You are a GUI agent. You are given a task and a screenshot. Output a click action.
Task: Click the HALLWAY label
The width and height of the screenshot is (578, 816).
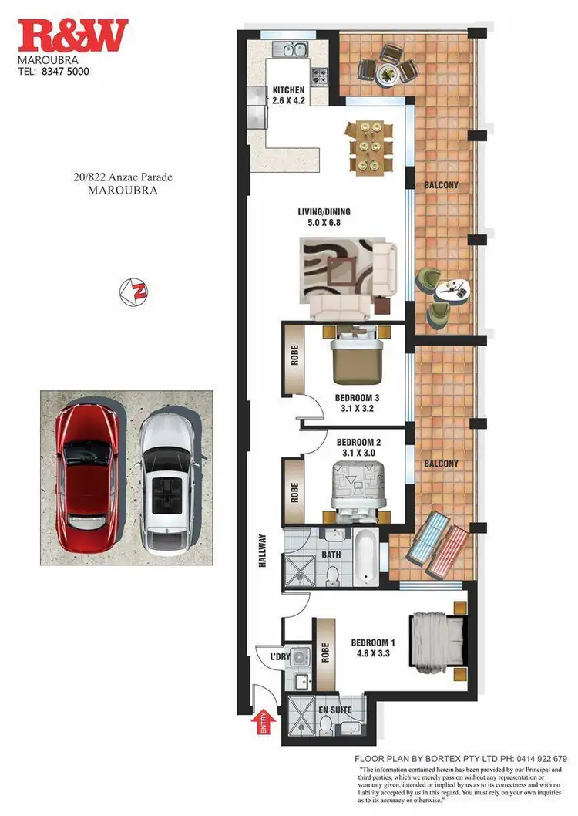pos(262,552)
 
